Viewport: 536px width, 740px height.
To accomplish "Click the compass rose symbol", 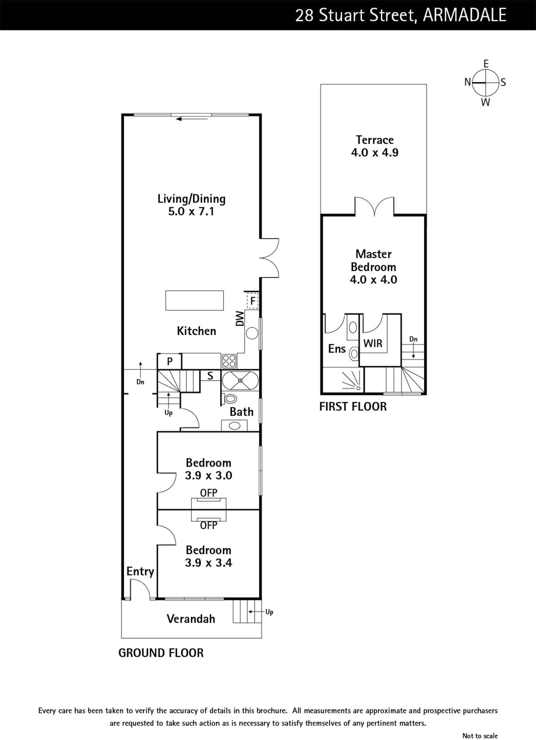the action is click(485, 83).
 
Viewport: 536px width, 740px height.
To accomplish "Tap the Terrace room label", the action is click(375, 140).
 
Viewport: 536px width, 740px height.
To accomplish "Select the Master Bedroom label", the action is click(373, 260).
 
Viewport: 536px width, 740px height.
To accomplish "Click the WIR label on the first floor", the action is click(372, 343).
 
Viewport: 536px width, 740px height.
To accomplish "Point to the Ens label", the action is click(337, 349).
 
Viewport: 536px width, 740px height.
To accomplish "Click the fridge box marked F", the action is click(252, 301).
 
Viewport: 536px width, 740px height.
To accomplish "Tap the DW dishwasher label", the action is click(240, 319).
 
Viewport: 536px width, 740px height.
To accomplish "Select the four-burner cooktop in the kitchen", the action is click(229, 361).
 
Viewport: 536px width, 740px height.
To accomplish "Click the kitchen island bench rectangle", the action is click(195, 300).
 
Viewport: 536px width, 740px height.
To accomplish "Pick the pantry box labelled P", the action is click(169, 361).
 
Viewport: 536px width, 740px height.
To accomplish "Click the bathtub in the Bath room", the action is click(240, 381).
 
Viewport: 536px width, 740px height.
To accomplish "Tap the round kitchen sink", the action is click(252, 333).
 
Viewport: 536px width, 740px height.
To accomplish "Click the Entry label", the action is click(140, 572).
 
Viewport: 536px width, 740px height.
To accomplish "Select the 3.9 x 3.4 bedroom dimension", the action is click(208, 562).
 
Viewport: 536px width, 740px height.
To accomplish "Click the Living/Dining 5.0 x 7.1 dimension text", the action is click(191, 211).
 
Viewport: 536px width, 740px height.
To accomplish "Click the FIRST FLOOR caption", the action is click(353, 407).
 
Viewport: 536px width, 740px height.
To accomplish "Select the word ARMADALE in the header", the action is click(464, 15).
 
